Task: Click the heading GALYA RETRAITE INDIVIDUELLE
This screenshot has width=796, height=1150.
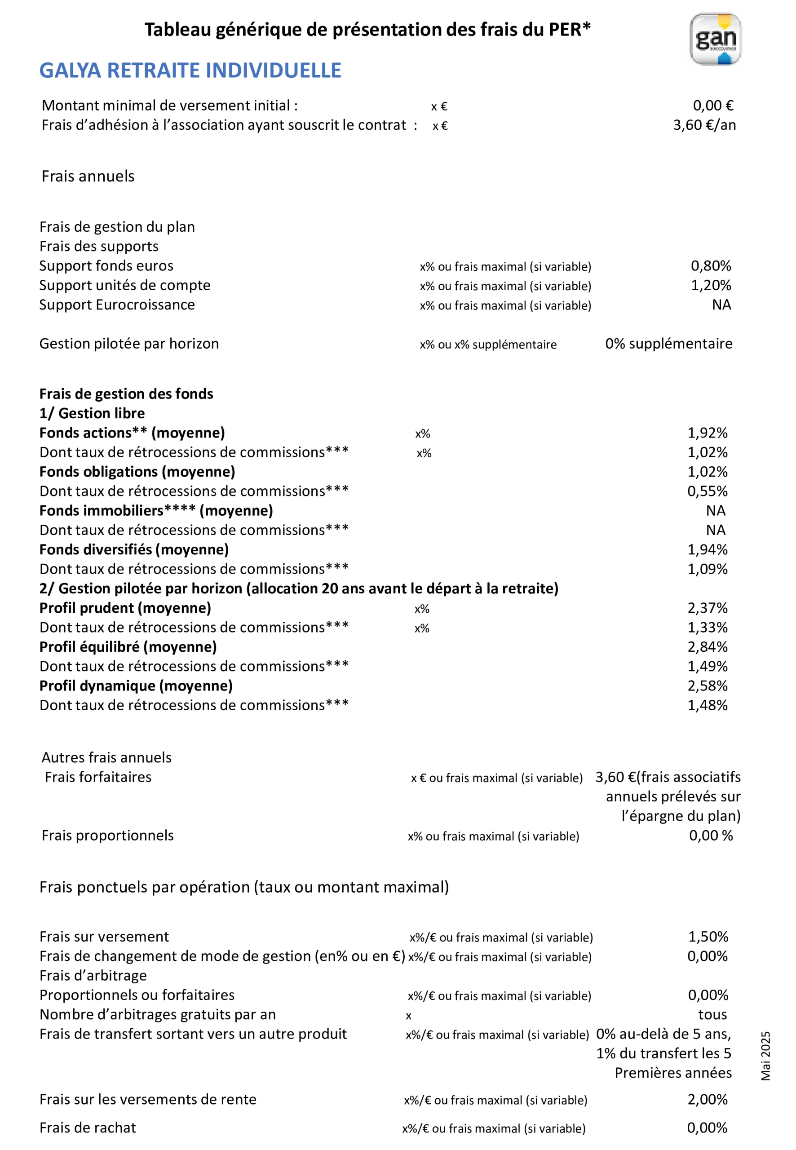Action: [x=190, y=71]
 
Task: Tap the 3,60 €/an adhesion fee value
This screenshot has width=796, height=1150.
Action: [x=704, y=125]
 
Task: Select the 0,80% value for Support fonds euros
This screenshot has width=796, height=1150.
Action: [x=710, y=266]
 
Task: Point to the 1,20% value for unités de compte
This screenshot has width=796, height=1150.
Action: [x=710, y=285]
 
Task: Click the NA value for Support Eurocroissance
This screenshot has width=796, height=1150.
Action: [x=721, y=305]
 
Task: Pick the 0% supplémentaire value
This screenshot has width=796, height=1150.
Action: [x=668, y=344]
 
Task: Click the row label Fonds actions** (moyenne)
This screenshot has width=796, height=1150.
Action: [x=132, y=433]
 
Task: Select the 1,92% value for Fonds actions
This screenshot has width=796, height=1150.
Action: [x=707, y=433]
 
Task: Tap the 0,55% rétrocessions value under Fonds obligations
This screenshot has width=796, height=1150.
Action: [x=707, y=491]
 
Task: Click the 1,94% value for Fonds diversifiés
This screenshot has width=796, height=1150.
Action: [x=707, y=549]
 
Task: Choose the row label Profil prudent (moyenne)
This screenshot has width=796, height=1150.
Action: [x=125, y=608]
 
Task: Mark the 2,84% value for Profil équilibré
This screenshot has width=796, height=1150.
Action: [x=707, y=647]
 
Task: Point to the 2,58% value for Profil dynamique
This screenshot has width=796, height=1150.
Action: [x=707, y=686]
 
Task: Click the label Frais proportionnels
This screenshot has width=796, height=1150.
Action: [x=108, y=835]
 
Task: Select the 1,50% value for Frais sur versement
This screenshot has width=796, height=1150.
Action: [x=708, y=937]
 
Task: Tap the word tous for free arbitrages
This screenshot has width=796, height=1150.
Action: [x=712, y=1014]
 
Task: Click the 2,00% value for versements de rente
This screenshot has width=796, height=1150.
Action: [x=707, y=1099]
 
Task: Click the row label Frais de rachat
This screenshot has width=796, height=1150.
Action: [x=88, y=1128]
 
